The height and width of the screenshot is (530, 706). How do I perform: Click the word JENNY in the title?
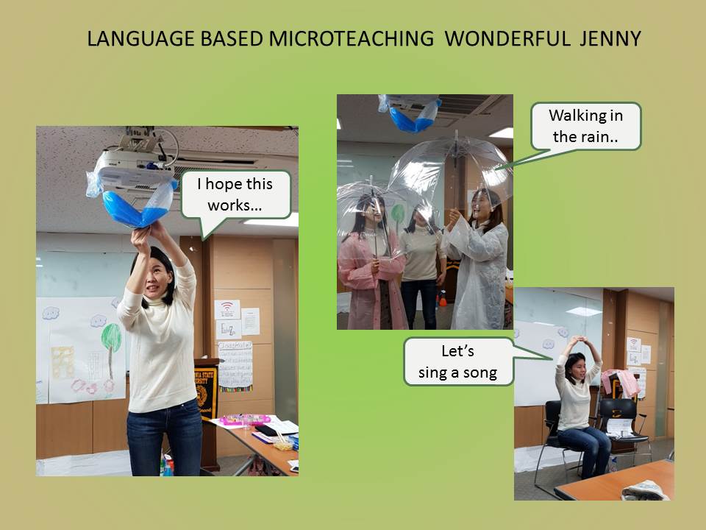610,39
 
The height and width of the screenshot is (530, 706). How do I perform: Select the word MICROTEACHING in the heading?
352,39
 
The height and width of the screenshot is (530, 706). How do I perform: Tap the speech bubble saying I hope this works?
235,195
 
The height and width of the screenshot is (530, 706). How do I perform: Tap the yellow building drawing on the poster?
63,362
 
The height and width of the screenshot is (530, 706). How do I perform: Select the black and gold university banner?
205,392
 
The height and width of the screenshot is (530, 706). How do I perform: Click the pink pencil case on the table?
245,420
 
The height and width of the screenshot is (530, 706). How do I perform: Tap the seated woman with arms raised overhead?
581,406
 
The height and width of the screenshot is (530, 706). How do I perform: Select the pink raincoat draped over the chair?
621,382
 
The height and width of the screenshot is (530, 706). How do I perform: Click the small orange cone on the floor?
443,298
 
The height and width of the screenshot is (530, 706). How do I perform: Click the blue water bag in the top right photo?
413,117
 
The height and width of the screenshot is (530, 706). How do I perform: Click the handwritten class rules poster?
235,366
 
